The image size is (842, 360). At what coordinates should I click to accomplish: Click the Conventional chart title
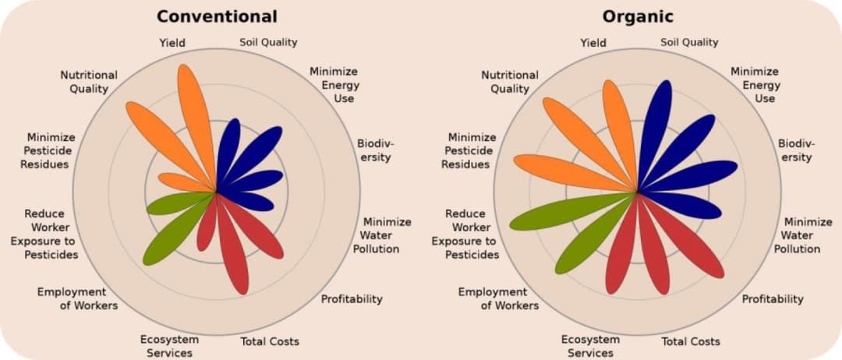click(217, 16)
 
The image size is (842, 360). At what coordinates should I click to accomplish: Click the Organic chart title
click(638, 16)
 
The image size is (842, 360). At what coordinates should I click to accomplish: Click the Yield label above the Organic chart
click(593, 42)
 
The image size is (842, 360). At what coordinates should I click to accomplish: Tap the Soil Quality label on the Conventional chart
click(268, 42)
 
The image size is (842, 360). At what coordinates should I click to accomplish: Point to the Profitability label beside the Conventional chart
click(352, 299)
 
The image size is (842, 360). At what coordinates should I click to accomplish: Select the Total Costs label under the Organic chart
click(691, 342)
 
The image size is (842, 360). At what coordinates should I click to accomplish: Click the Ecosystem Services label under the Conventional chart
click(169, 346)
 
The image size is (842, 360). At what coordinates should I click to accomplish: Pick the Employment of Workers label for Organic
click(497, 299)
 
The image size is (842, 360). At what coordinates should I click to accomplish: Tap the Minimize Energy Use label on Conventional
click(334, 85)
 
